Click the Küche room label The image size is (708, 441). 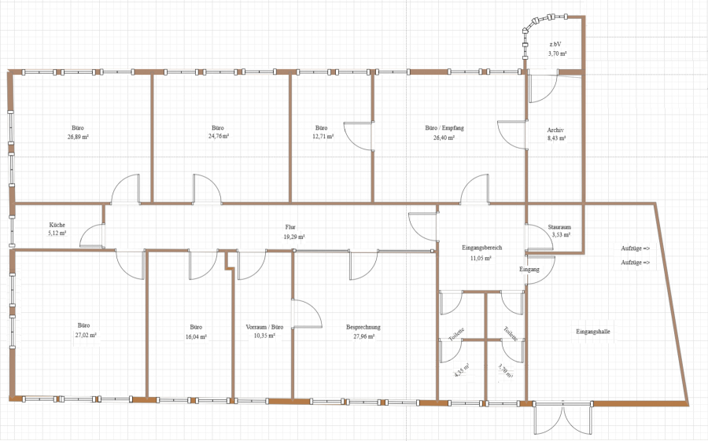coord(57,225)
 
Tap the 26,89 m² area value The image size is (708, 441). coord(78,136)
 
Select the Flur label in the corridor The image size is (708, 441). coord(290,227)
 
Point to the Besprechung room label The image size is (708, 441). coord(363,327)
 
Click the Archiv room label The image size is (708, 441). coord(555,130)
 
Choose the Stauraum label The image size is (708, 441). coord(559,227)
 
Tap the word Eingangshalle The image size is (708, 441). coord(593,332)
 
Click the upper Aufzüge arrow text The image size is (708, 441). coord(636,248)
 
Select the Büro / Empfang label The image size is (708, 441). coord(444,128)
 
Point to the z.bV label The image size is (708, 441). coord(555,44)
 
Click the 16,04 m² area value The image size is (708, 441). coord(196,336)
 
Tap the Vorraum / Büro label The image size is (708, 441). coord(264,327)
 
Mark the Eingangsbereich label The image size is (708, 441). coord(481,248)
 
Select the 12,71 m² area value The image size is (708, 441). coord(323,136)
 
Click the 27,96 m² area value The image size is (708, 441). coord(363,336)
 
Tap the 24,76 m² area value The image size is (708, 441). coord(218,136)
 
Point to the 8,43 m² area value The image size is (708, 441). coord(556,138)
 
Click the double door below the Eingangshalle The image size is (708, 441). coord(563,417)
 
